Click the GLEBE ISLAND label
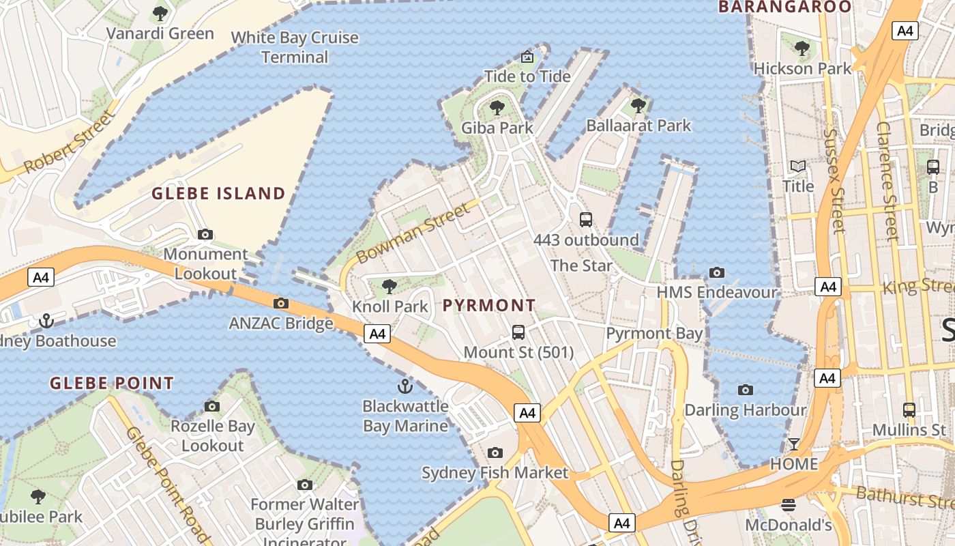pyautogui.click(x=218, y=193)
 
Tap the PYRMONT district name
pyautogui.click(x=489, y=305)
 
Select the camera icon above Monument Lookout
pyautogui.click(x=205, y=235)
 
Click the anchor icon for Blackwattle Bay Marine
pyautogui.click(x=405, y=386)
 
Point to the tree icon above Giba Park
pyautogui.click(x=497, y=107)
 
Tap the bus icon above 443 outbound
pyautogui.click(x=586, y=220)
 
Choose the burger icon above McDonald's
pyautogui.click(x=789, y=505)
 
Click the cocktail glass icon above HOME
pyautogui.click(x=794, y=444)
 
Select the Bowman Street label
pyautogui.click(x=414, y=232)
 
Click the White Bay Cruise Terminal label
pyautogui.click(x=295, y=47)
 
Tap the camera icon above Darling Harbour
pyautogui.click(x=746, y=390)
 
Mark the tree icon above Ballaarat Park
pyautogui.click(x=638, y=106)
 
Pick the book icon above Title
pyautogui.click(x=797, y=166)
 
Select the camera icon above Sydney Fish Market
pyautogui.click(x=495, y=452)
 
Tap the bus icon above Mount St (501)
pyautogui.click(x=518, y=332)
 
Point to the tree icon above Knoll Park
pyautogui.click(x=390, y=287)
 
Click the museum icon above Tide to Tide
pyautogui.click(x=527, y=57)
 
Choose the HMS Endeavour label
pyautogui.click(x=717, y=292)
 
